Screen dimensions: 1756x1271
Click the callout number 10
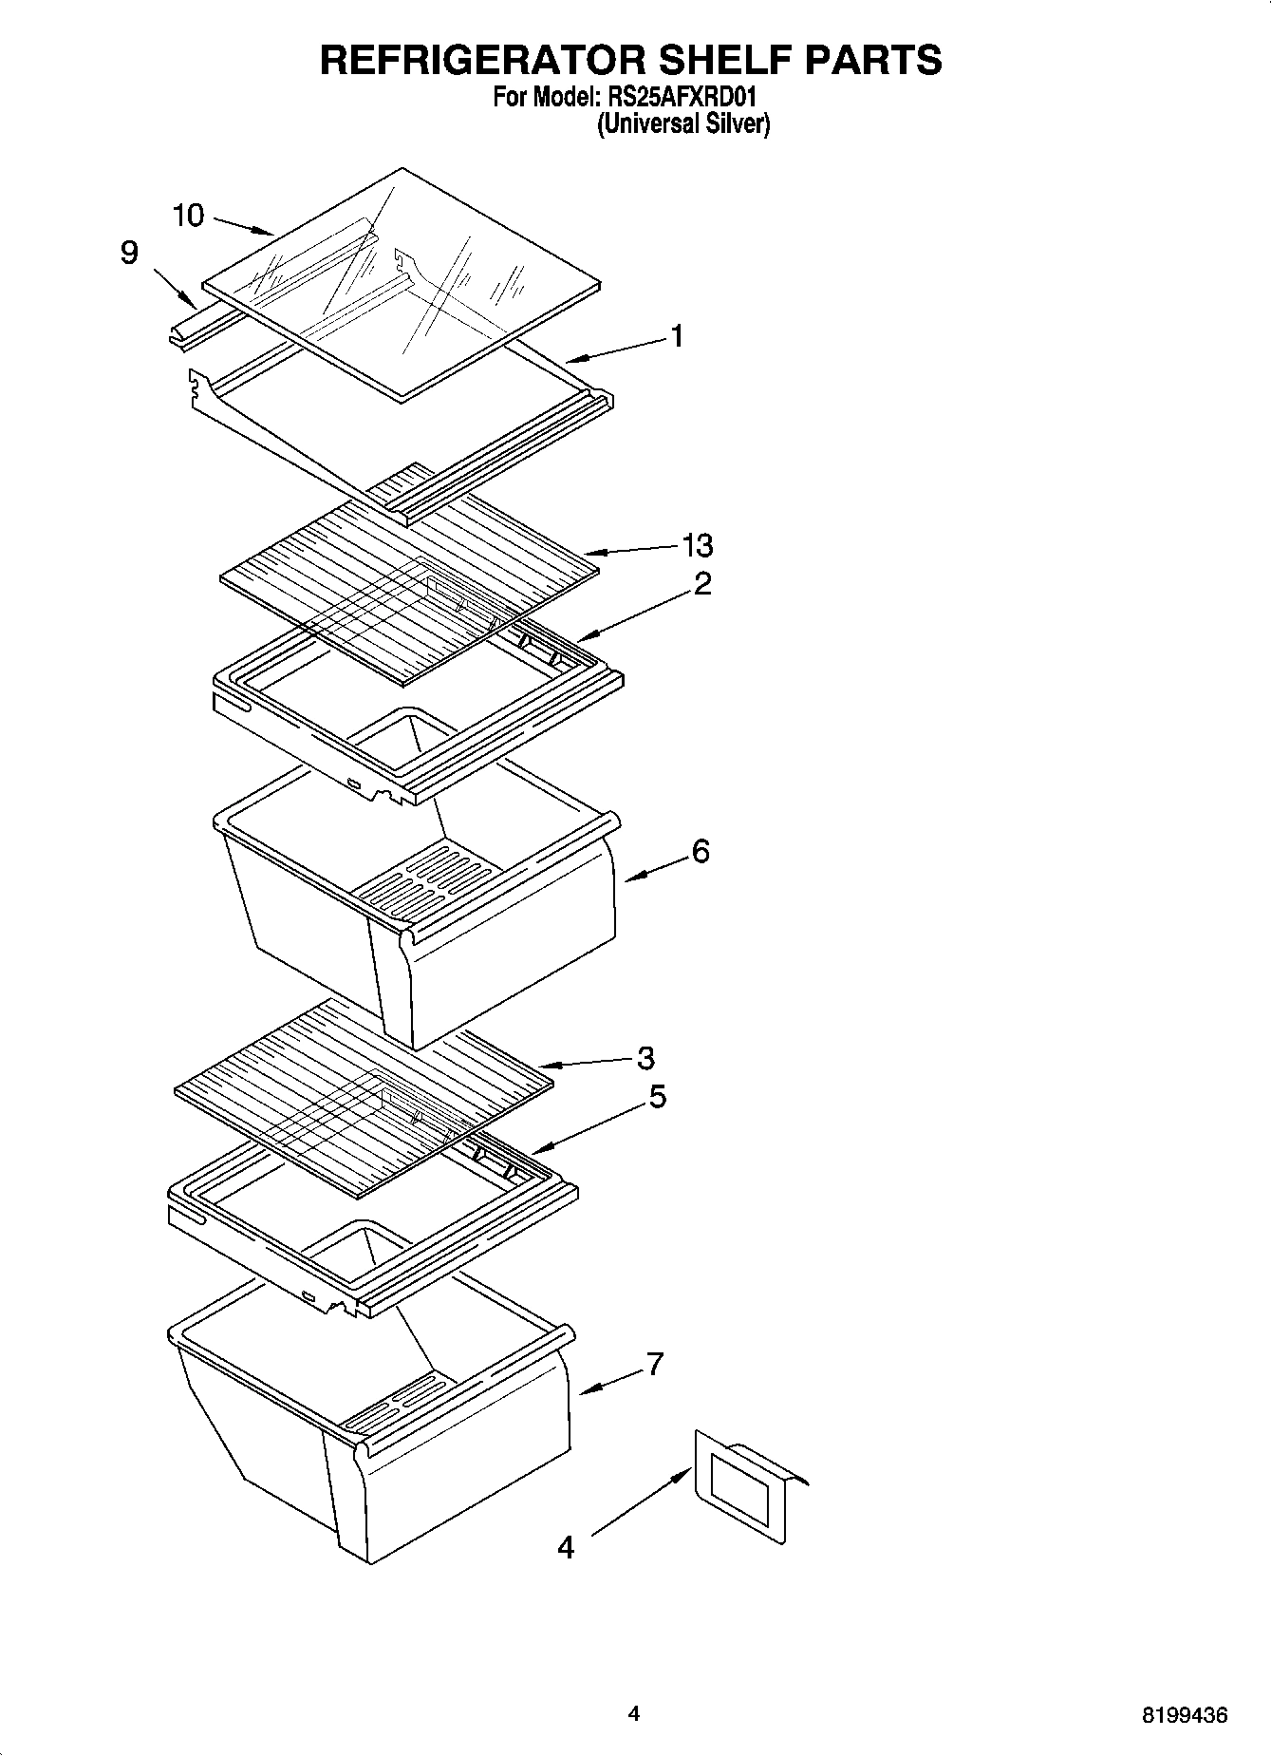(x=188, y=216)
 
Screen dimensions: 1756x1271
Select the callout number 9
(x=129, y=253)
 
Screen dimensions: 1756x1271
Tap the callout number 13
(x=697, y=546)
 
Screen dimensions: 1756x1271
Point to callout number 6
(x=701, y=851)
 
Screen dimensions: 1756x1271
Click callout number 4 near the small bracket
(x=566, y=1548)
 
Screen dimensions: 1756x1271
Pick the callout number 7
(x=654, y=1364)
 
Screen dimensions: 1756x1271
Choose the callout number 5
(x=657, y=1097)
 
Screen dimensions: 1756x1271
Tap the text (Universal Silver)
(x=682, y=123)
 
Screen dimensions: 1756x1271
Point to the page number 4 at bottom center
(x=634, y=1713)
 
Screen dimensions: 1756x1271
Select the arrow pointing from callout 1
(x=617, y=349)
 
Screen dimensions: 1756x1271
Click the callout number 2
(x=702, y=583)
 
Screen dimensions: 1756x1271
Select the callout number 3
(x=645, y=1057)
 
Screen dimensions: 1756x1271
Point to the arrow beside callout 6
(x=656, y=866)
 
